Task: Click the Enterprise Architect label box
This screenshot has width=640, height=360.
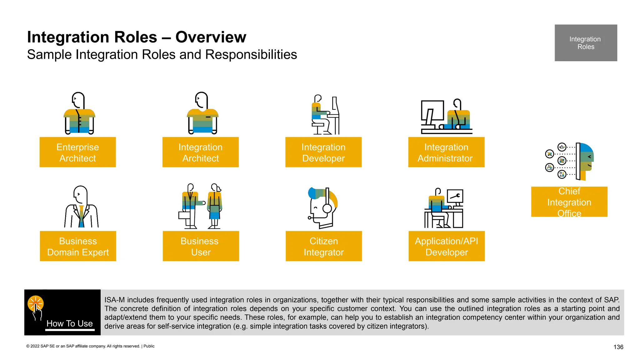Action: [77, 152]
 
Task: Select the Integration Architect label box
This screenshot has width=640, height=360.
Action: [200, 152]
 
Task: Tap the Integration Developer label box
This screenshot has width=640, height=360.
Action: [323, 152]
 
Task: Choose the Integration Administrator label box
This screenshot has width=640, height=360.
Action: [446, 152]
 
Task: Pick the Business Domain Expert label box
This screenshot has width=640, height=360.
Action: [78, 246]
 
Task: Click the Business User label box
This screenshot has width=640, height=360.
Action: [201, 246]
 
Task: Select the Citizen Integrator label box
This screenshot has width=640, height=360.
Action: [324, 246]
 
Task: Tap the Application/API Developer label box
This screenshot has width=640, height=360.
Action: [447, 246]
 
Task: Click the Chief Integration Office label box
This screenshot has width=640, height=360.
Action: [569, 202]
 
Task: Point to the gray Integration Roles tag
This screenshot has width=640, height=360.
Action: [586, 43]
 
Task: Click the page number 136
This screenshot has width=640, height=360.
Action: [618, 347]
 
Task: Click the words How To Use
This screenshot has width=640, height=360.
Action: [70, 323]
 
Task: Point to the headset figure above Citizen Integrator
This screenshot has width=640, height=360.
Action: [323, 207]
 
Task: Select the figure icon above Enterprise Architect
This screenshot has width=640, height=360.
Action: [79, 113]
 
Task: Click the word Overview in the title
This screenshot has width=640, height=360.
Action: [211, 37]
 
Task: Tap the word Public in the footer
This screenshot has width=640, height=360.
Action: [149, 346]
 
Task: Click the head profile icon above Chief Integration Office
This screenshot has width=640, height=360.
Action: [585, 161]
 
